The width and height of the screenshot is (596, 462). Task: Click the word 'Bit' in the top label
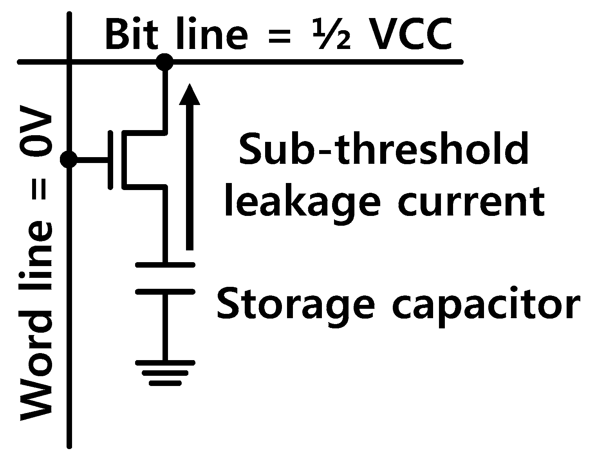pos(130,35)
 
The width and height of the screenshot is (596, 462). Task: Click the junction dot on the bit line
pos(164,62)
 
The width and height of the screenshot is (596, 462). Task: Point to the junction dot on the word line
pos(69,159)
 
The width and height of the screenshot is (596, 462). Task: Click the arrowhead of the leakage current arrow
pos(190,95)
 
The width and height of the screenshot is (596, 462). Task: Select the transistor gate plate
pos(111,160)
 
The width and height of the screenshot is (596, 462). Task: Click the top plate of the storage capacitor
pos(165,265)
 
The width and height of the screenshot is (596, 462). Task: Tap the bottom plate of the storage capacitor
pos(165,292)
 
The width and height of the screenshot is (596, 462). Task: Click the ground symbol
pos(165,373)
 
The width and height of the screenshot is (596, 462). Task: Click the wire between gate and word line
pos(92,160)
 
